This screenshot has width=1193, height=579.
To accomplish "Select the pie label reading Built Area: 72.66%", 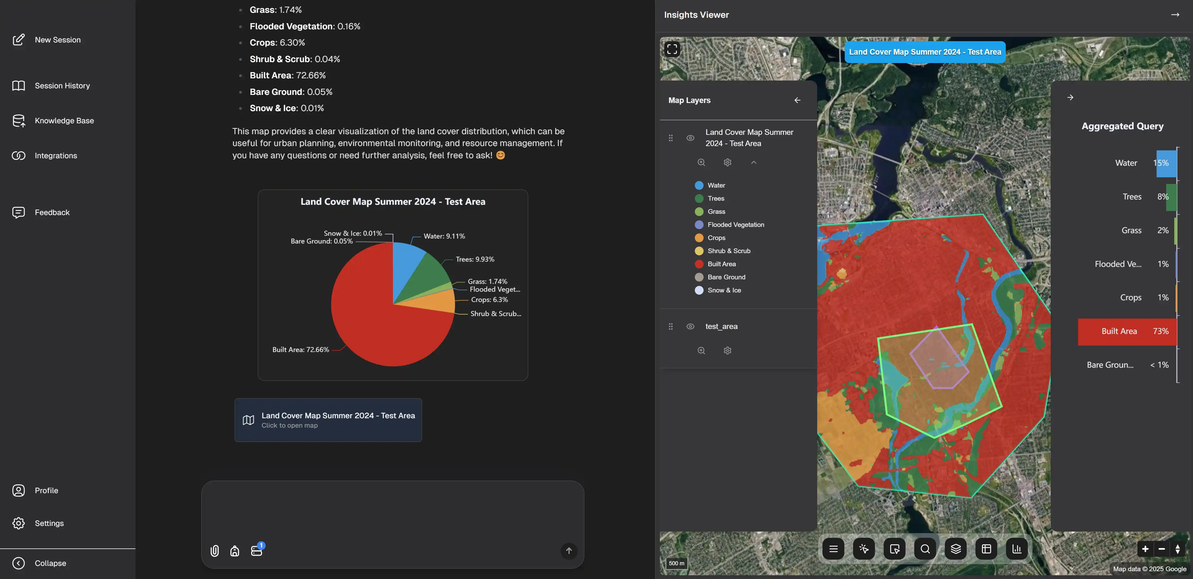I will pyautogui.click(x=301, y=350).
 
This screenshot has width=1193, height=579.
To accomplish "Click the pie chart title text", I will pyautogui.click(x=393, y=202).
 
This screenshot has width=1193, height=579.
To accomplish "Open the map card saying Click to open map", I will pyautogui.click(x=328, y=420).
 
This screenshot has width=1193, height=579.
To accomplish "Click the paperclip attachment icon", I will pyautogui.click(x=214, y=551).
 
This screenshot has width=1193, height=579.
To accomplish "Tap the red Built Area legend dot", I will pyautogui.click(x=699, y=264).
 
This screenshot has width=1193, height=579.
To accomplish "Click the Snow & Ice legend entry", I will pyautogui.click(x=724, y=290).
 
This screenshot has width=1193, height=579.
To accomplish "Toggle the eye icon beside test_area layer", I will pyautogui.click(x=690, y=326).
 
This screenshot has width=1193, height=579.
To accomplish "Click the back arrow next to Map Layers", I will pyautogui.click(x=797, y=101).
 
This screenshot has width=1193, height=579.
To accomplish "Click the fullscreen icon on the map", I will pyautogui.click(x=672, y=49).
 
